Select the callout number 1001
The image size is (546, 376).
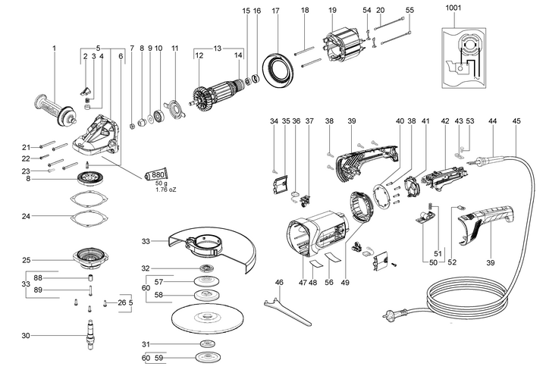click(454, 8)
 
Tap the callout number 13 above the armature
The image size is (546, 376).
click(218, 47)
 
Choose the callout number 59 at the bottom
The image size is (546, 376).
click(159, 357)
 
